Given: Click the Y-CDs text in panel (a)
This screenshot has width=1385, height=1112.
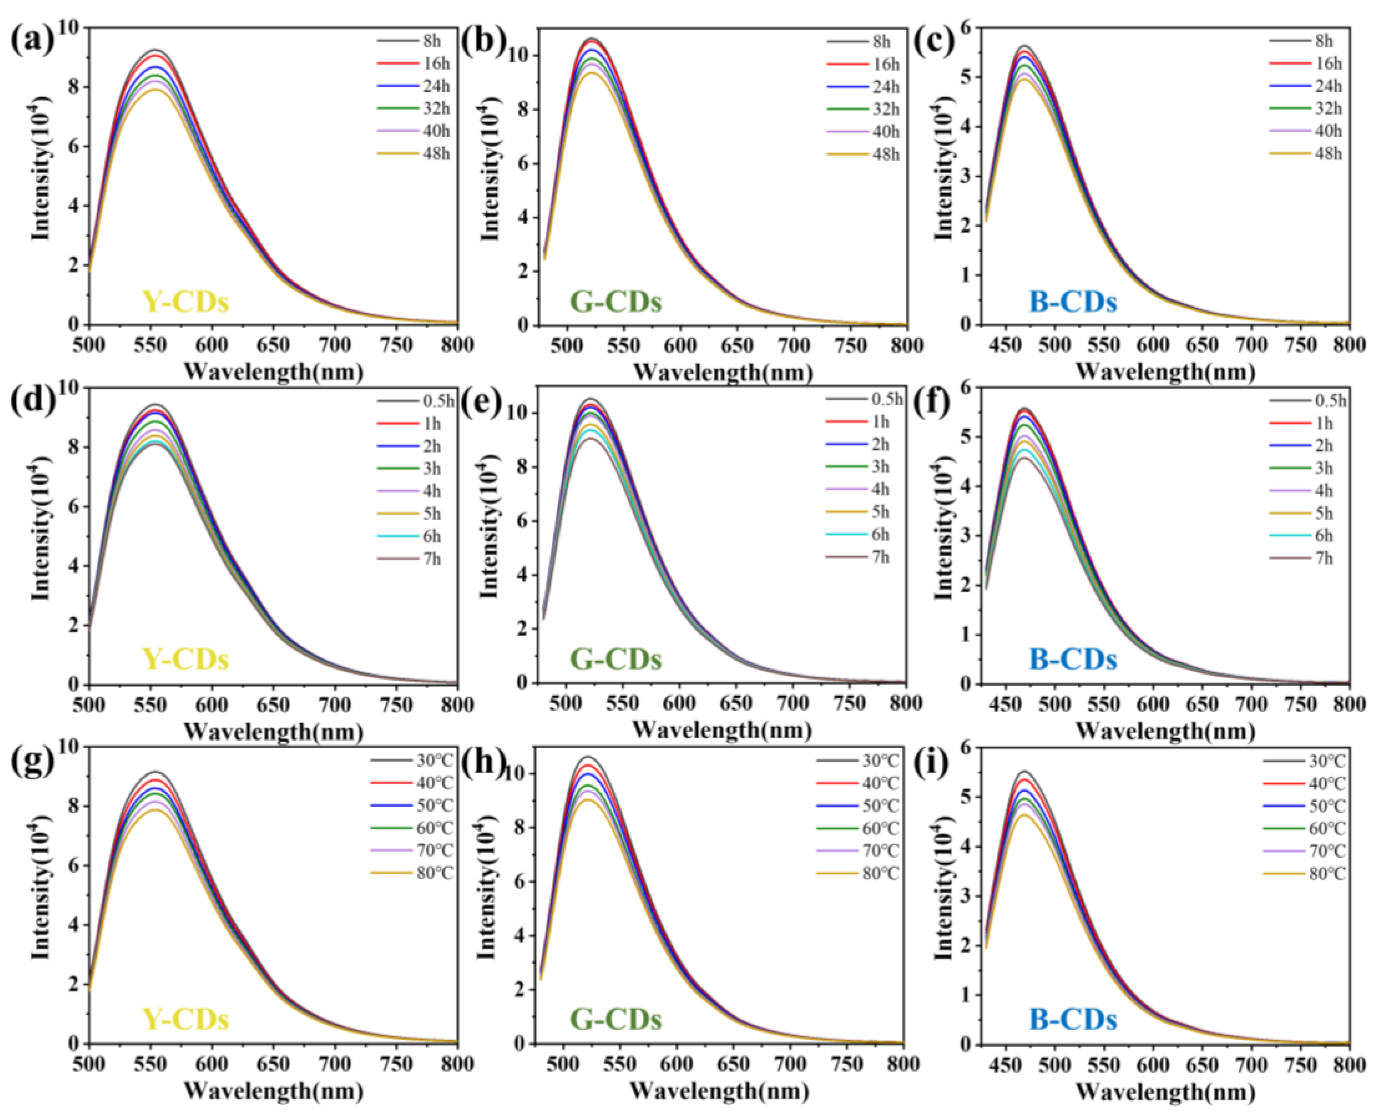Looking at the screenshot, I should [x=185, y=302].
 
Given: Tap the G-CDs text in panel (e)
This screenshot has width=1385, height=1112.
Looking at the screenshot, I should [x=615, y=660].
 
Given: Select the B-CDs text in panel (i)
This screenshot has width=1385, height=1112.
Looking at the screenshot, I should [x=1073, y=1019].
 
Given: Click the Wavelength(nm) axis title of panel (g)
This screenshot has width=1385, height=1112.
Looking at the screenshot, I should [x=273, y=1090].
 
